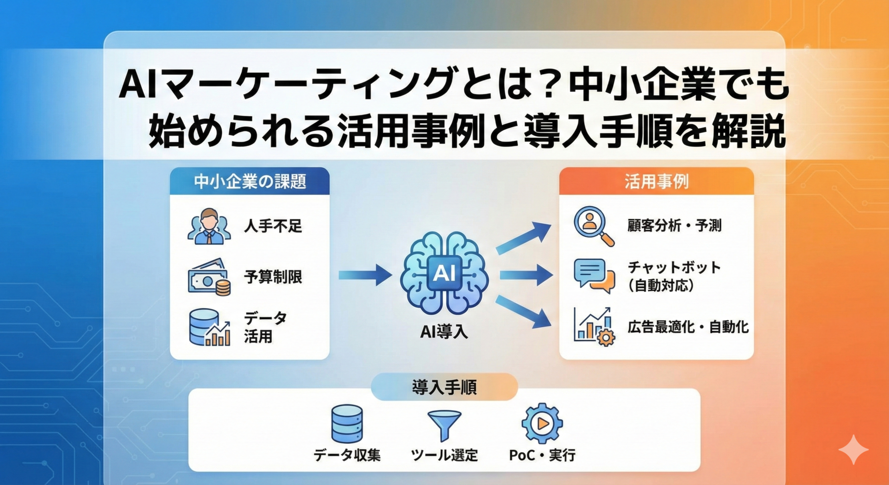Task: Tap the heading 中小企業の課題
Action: (250, 182)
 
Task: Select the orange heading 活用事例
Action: (656, 182)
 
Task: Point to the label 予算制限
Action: (273, 277)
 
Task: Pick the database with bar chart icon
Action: (209, 328)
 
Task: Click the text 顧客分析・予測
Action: (675, 226)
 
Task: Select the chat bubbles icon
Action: (594, 275)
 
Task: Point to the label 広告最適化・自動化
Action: (688, 327)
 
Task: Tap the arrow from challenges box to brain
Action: (365, 275)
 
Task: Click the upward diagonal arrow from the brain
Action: (523, 237)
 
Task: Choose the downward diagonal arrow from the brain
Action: (523, 312)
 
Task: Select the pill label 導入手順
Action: (444, 387)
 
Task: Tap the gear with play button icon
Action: (542, 423)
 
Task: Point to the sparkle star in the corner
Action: (853, 449)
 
